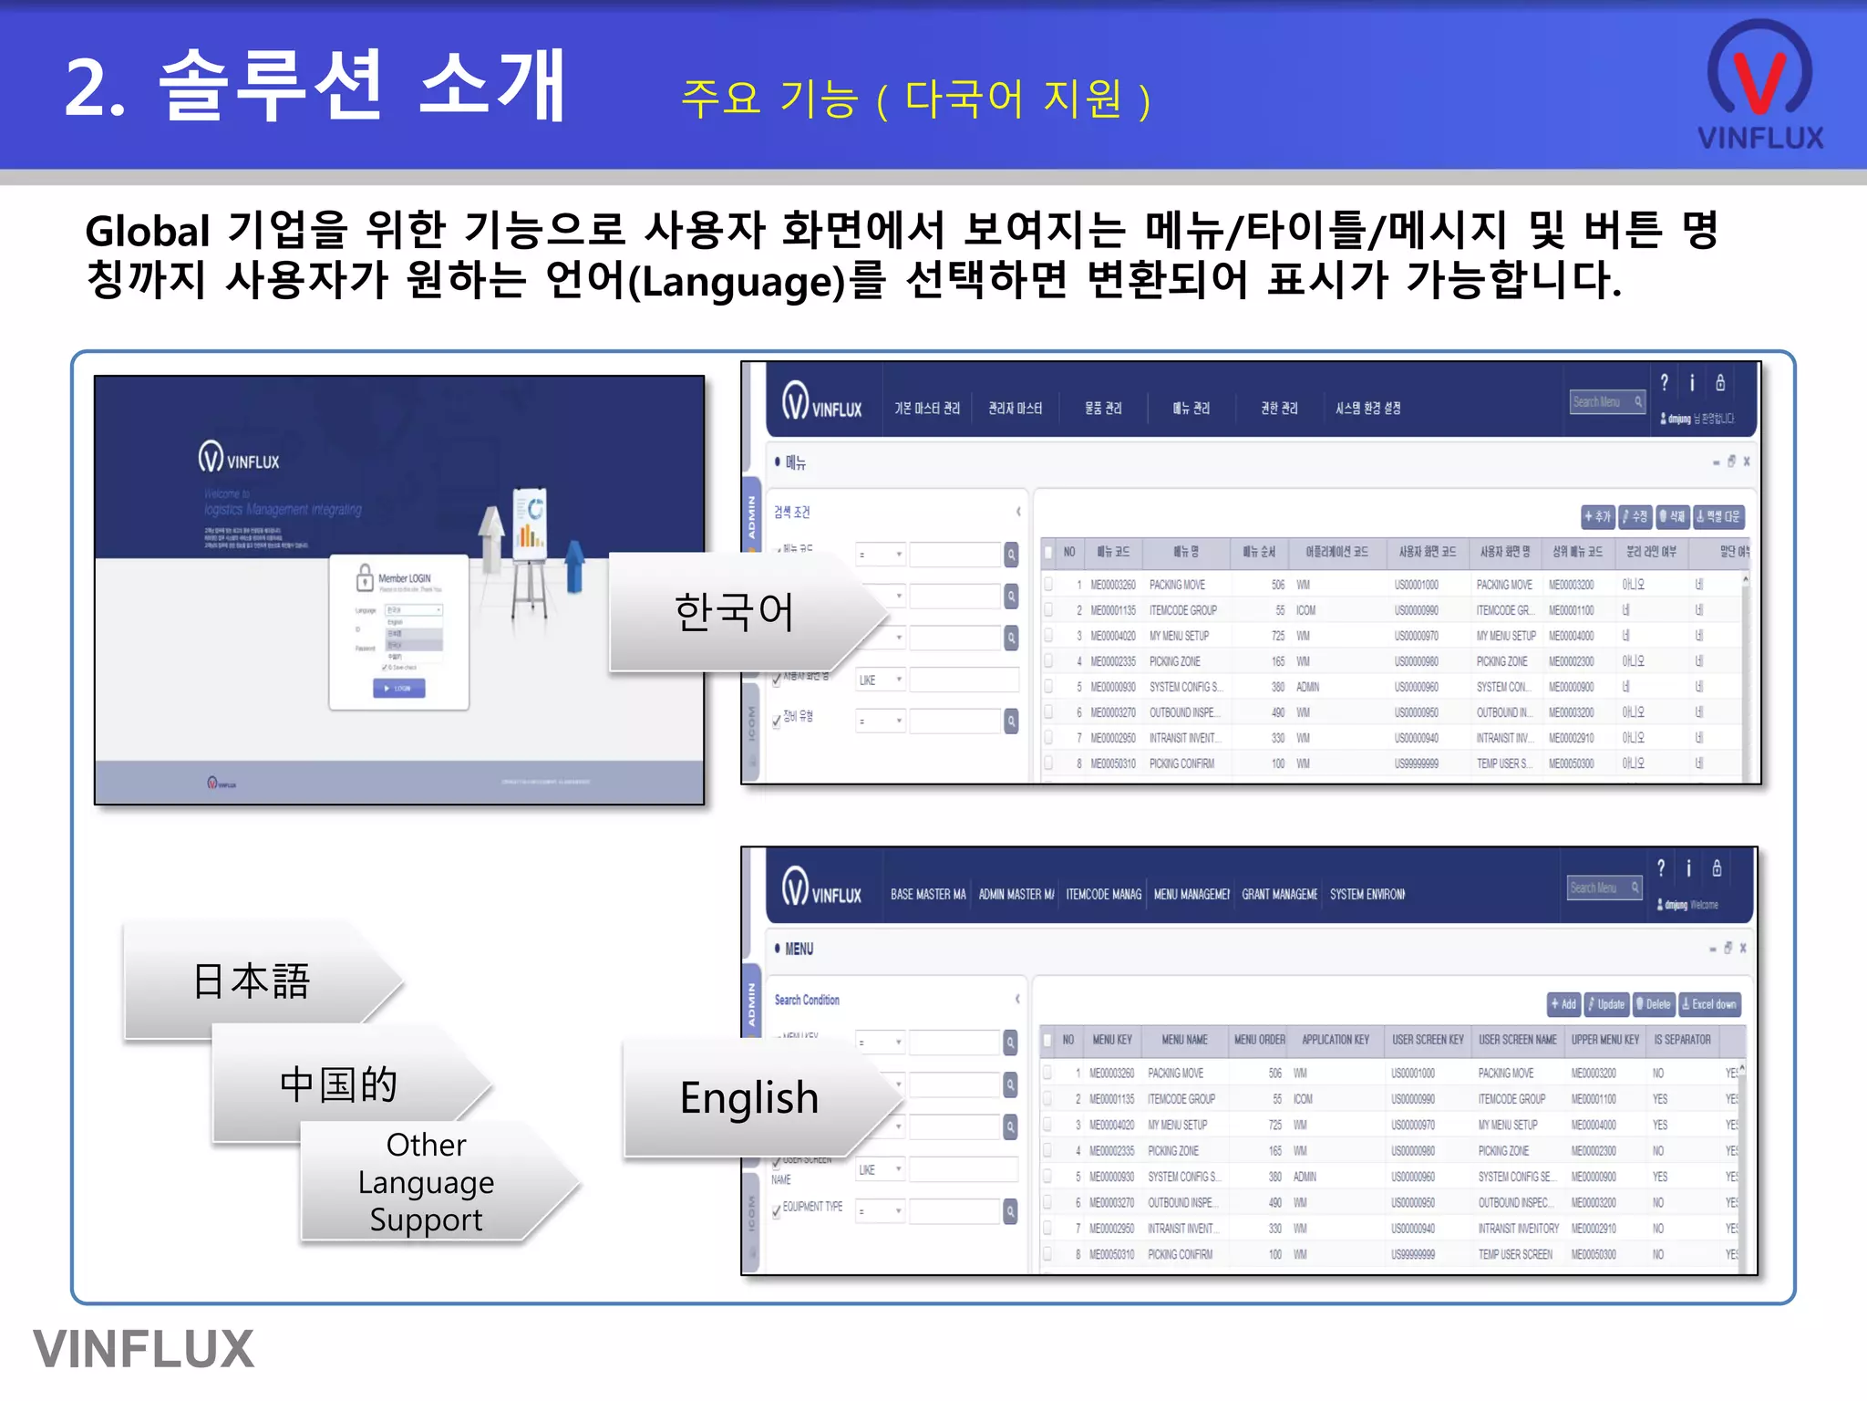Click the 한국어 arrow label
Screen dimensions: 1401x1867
(734, 611)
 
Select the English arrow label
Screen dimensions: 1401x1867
(749, 1097)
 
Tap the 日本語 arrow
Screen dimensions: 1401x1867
(252, 981)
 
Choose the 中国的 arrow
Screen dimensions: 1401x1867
(339, 1084)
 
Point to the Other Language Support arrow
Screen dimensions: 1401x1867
(427, 1182)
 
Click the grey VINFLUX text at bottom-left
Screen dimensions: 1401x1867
(144, 1349)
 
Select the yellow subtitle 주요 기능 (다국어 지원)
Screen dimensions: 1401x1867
(915, 99)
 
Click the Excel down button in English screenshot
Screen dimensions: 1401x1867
(1709, 1004)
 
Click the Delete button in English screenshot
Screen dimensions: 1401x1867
(1653, 1004)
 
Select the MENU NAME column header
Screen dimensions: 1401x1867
(1184, 1040)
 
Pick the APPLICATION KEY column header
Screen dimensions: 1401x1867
(1336, 1040)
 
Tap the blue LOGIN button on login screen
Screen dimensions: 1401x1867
(399, 689)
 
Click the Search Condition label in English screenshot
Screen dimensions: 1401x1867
(807, 1000)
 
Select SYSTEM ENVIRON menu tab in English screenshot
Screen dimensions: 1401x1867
(1367, 895)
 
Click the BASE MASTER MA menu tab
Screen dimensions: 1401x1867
(928, 895)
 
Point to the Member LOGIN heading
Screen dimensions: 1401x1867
(404, 578)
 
